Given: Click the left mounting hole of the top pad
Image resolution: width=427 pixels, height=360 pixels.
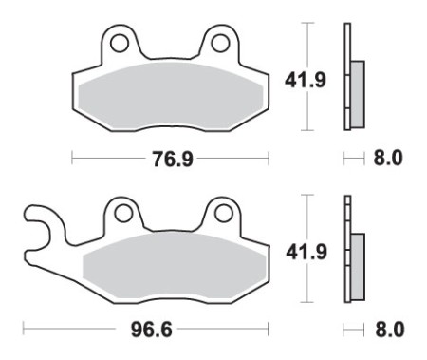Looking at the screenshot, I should point(120,43).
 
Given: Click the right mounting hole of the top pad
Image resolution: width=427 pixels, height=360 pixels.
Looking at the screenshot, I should point(220,43).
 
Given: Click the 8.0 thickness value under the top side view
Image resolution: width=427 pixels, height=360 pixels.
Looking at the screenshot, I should point(386,159).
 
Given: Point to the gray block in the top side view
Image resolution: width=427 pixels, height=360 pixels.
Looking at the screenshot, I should point(357,86).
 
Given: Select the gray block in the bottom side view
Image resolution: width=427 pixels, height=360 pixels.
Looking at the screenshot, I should point(357,257).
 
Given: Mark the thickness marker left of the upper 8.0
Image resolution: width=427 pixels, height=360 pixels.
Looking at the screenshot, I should point(352,159).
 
